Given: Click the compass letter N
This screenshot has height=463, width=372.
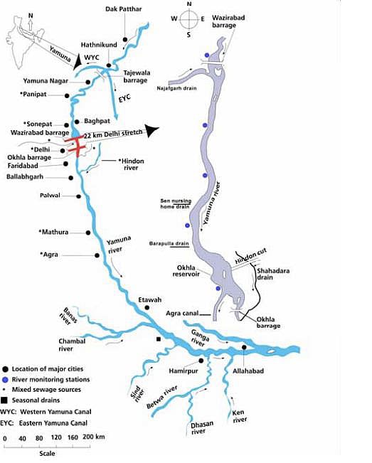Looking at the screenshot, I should pos(190,4).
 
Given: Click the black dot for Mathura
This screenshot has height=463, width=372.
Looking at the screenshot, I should pos(87,233).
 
